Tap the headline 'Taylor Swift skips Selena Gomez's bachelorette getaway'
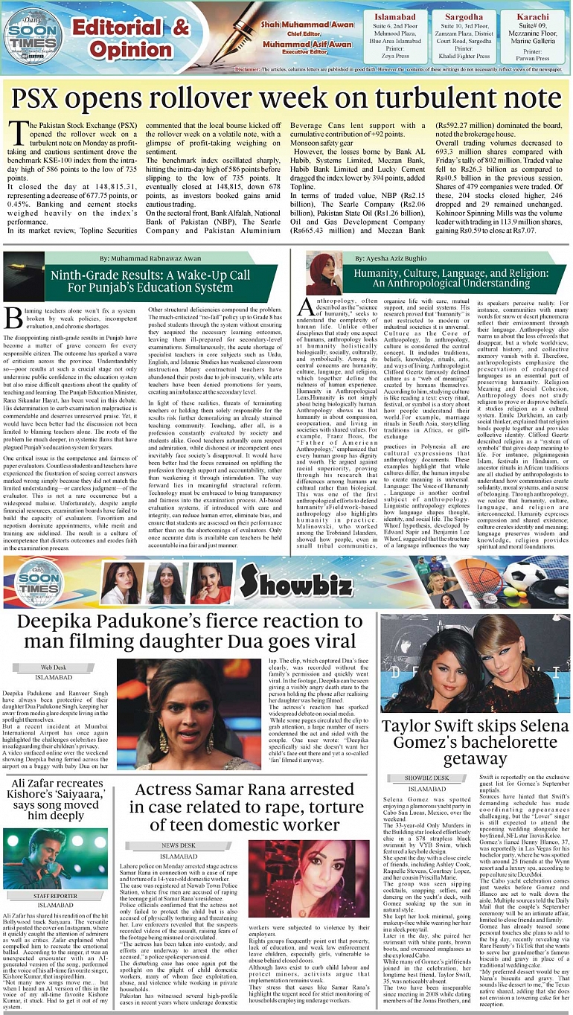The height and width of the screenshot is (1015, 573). click(x=475, y=742)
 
